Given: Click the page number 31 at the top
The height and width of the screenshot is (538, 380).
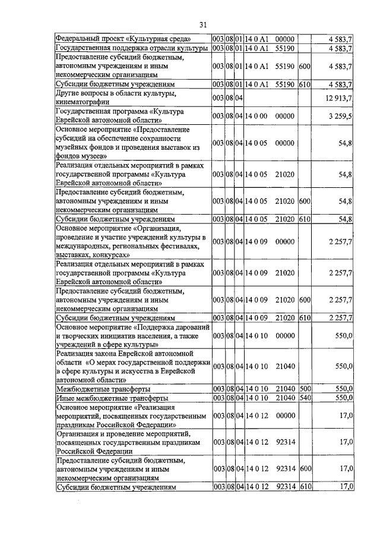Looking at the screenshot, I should pos(202,24).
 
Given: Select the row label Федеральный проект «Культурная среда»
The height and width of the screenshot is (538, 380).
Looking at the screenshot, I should pos(123,39).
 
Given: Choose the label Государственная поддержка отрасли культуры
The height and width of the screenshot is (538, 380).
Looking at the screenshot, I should pos(131,48).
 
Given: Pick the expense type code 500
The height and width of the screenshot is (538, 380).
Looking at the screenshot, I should pos(305,389).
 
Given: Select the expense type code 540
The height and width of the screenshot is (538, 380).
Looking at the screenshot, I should pos(305,398).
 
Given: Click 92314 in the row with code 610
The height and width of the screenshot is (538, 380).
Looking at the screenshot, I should pos(286,487).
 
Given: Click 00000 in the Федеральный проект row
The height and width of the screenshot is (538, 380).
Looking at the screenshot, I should pos(286,39).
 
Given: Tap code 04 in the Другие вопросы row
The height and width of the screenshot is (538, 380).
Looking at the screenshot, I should pos(239,97).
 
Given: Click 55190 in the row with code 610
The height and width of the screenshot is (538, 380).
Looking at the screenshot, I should pos(286,85).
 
